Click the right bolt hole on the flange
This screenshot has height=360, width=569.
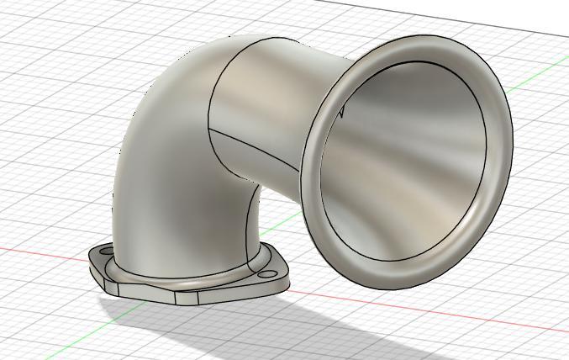point(267,273)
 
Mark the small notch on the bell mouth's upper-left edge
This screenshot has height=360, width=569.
point(341,109)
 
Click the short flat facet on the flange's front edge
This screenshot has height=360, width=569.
point(187,297)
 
